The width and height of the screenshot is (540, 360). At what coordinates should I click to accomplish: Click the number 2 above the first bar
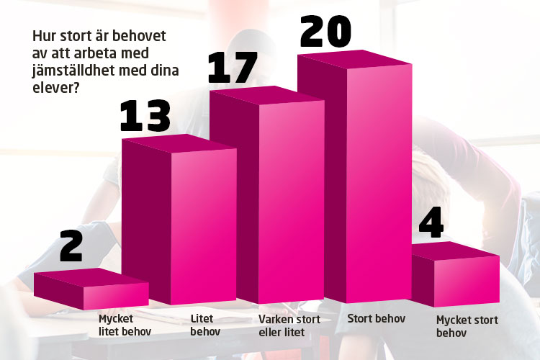pos(72,246)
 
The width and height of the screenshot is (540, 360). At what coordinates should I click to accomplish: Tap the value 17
pos(232,68)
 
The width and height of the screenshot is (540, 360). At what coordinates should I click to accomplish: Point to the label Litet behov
pos(205,325)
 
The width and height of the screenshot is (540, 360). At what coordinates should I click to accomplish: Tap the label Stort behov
pos(377,318)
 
